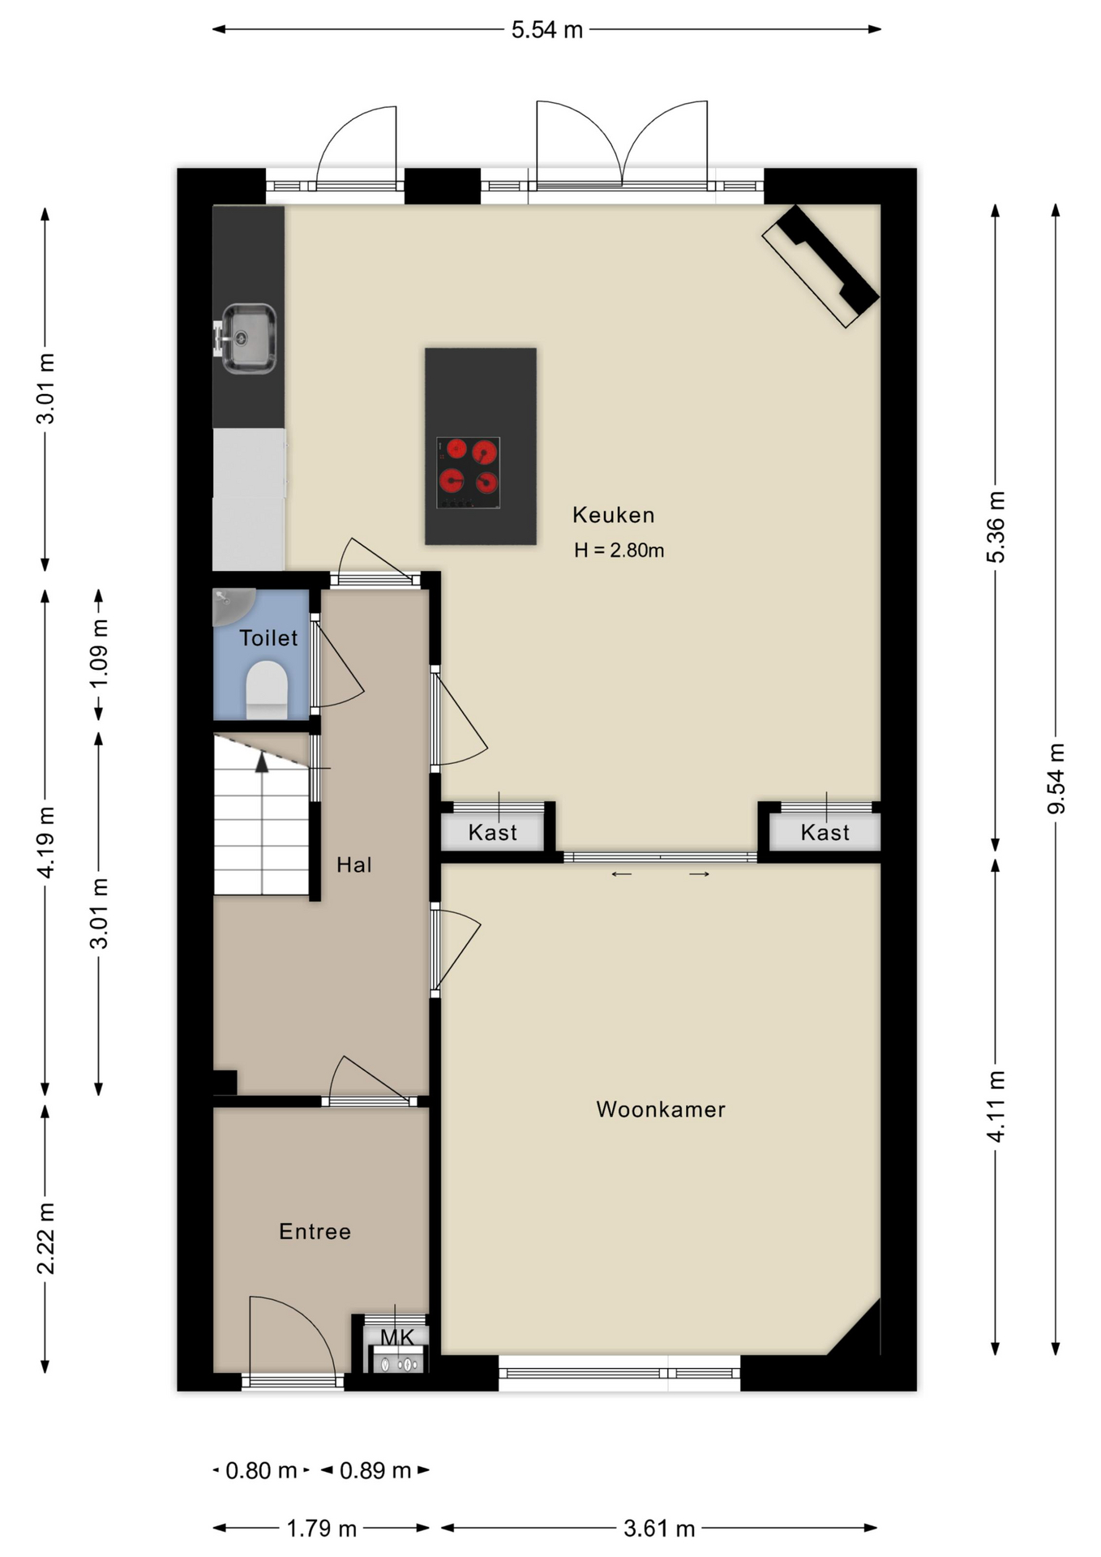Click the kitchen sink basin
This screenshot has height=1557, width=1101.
click(248, 338)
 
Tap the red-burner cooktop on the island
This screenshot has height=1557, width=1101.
click(468, 473)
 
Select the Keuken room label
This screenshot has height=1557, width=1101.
click(613, 515)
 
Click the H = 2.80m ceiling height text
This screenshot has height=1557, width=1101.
click(619, 551)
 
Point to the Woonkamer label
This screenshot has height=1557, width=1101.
click(661, 1109)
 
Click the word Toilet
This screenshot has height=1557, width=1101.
click(268, 638)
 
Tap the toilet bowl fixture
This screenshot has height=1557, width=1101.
click(267, 689)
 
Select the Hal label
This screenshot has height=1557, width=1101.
click(354, 864)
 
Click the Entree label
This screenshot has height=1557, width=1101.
click(315, 1232)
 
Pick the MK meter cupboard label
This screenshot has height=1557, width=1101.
click(397, 1337)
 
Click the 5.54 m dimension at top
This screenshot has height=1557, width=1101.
click(546, 30)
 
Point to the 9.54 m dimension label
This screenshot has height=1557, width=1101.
click(1056, 778)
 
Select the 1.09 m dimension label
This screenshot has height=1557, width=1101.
click(99, 654)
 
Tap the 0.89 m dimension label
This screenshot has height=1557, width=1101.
click(375, 1470)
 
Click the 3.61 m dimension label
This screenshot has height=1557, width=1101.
click(659, 1529)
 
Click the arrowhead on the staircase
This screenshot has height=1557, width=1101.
click(262, 762)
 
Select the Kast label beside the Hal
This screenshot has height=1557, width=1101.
click(493, 833)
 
